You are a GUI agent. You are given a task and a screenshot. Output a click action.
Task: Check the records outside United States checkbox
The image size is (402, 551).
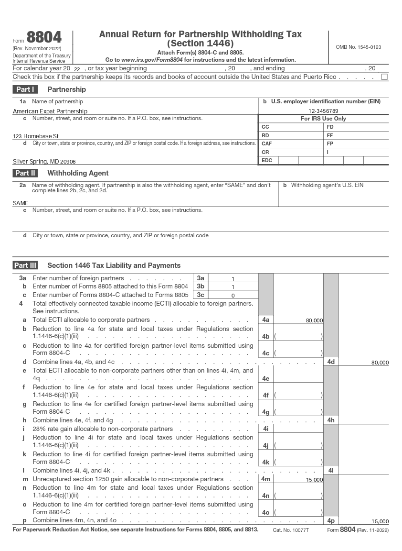384,77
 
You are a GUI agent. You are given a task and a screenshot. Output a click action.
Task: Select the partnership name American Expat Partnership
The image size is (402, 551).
50,111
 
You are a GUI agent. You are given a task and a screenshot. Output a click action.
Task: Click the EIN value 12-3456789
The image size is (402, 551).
323,111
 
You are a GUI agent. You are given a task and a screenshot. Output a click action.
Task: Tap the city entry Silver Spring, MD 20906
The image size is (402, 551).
44,162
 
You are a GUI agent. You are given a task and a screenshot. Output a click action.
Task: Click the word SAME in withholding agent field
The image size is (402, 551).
21,203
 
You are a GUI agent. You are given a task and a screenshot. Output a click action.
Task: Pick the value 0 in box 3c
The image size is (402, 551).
233,296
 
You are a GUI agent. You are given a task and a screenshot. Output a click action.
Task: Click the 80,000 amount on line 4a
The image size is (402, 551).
314,320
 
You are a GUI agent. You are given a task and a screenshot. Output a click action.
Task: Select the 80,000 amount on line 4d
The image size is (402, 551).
380,363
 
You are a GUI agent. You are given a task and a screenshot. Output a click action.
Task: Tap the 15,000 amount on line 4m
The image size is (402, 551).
314,480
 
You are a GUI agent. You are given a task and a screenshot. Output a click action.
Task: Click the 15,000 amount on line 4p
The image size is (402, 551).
380,521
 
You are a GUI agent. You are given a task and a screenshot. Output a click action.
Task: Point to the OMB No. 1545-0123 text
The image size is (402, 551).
358,47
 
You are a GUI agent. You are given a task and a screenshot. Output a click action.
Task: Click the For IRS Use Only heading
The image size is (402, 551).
323,119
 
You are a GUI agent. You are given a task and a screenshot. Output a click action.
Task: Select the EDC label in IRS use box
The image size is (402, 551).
267,161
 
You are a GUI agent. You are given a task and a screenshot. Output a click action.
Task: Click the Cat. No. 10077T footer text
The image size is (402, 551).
291,530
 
